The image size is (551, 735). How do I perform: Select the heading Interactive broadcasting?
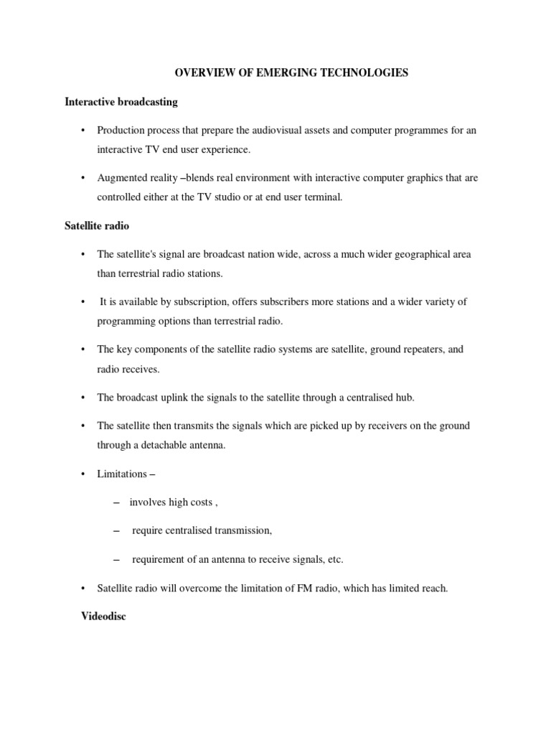(x=121, y=102)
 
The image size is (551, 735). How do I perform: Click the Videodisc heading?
(x=104, y=616)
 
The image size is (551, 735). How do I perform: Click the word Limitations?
(x=123, y=474)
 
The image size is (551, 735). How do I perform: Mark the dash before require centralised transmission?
(x=116, y=531)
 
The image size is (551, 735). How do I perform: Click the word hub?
(x=407, y=397)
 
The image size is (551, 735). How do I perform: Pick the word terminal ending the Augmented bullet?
(x=326, y=196)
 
